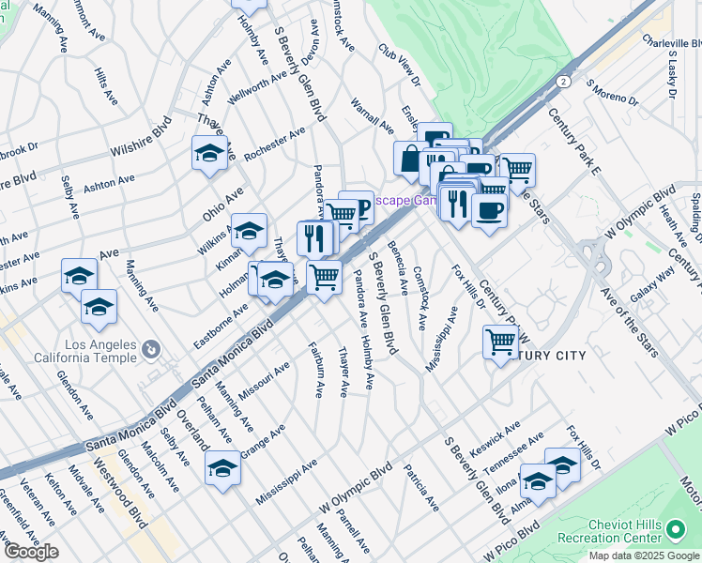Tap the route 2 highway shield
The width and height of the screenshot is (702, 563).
pos(561,83)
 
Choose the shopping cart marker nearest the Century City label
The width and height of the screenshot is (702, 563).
pos(500,342)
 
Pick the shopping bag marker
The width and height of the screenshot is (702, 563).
pos(410,159)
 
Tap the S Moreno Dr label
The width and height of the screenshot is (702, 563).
pos(612,92)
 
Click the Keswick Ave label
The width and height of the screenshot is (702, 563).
pos(495,438)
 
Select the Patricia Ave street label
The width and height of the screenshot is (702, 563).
pos(421,487)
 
